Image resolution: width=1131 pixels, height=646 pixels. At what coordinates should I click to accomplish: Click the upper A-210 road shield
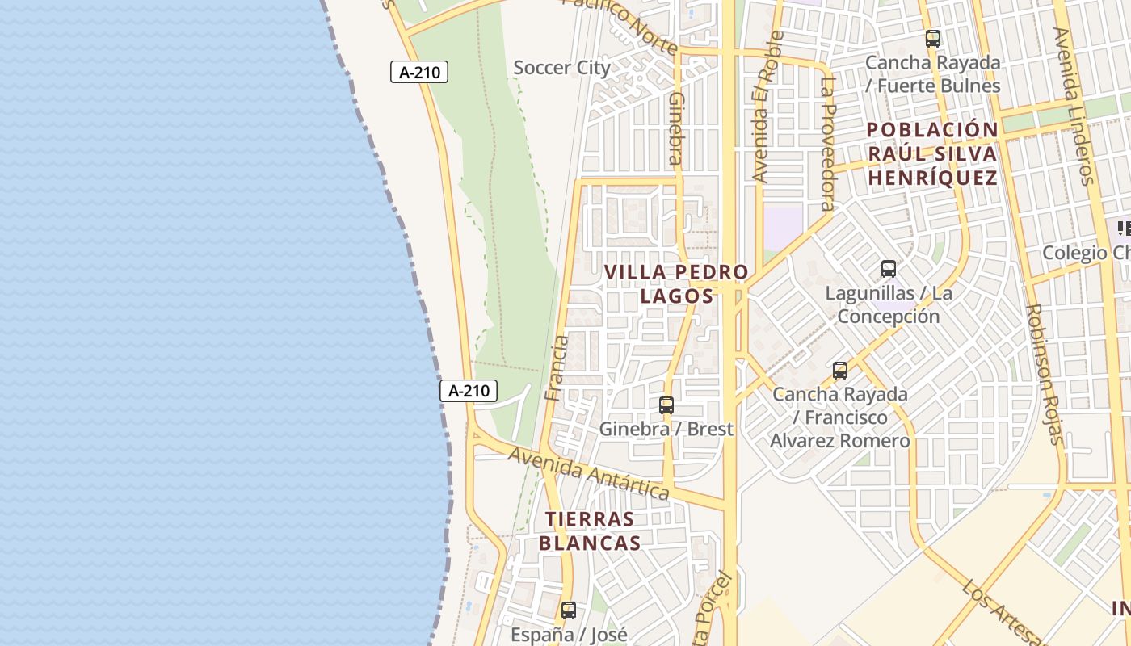tap(419, 72)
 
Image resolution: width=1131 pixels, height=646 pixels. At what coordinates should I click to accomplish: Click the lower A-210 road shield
tap(468, 391)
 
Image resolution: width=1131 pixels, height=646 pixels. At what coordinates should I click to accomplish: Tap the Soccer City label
tap(561, 68)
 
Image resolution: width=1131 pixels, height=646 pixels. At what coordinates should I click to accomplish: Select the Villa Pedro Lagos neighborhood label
tap(677, 283)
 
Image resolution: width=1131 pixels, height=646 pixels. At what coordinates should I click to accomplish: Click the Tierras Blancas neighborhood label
tap(590, 531)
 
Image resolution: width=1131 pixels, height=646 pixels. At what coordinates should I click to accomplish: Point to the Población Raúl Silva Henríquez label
tap(933, 153)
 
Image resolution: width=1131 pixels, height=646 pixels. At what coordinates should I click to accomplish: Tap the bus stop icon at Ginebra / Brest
tap(666, 405)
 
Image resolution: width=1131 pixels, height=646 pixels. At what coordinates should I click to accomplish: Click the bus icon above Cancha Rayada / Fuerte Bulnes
tap(933, 38)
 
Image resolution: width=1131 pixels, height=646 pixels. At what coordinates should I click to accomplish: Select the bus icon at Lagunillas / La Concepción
tap(889, 269)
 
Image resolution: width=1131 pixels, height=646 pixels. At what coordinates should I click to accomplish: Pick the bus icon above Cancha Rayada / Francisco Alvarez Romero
tap(840, 371)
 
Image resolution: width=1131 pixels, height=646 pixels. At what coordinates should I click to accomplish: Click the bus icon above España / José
tap(569, 610)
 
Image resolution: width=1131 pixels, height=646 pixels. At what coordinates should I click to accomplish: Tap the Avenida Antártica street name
tap(589, 473)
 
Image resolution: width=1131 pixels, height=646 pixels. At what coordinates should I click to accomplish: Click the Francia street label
tap(557, 368)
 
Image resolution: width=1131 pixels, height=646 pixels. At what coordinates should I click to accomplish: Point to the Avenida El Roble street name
tap(768, 106)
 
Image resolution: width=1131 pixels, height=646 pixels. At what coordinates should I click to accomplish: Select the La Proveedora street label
tap(826, 144)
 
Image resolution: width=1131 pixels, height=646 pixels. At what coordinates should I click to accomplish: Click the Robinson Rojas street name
tap(1042, 374)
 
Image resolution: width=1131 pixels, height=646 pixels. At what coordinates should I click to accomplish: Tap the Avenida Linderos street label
tap(1073, 106)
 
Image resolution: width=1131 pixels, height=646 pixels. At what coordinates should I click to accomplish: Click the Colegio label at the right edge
tap(1086, 253)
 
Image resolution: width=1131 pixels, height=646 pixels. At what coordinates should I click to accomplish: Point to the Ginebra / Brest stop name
tap(666, 429)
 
